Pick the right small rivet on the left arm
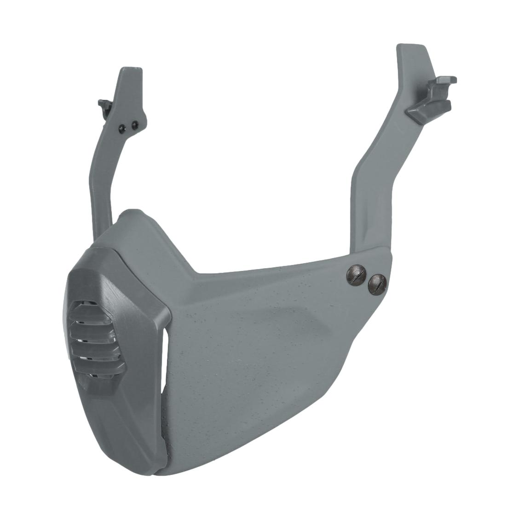click(134, 124)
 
